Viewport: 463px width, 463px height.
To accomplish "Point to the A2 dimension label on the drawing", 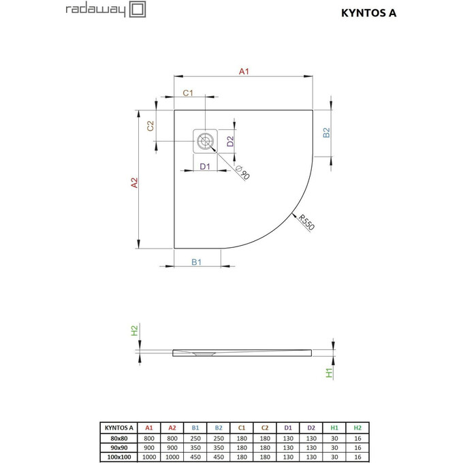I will point(134,182).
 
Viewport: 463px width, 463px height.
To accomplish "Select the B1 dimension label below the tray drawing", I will point(196,262).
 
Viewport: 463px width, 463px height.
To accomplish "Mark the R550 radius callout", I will point(306,223).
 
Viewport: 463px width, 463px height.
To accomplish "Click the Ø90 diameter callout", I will point(241,173).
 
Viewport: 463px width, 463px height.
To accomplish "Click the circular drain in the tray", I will point(204,142).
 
